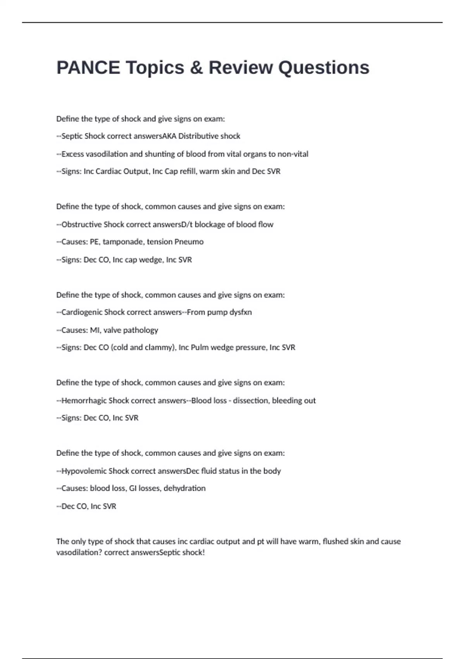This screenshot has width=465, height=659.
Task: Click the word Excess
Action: (x=72, y=154)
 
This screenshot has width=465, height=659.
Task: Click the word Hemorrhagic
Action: (x=84, y=400)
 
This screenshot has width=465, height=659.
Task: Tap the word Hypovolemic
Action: (x=84, y=471)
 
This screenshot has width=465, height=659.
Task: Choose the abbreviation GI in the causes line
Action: (x=133, y=488)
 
